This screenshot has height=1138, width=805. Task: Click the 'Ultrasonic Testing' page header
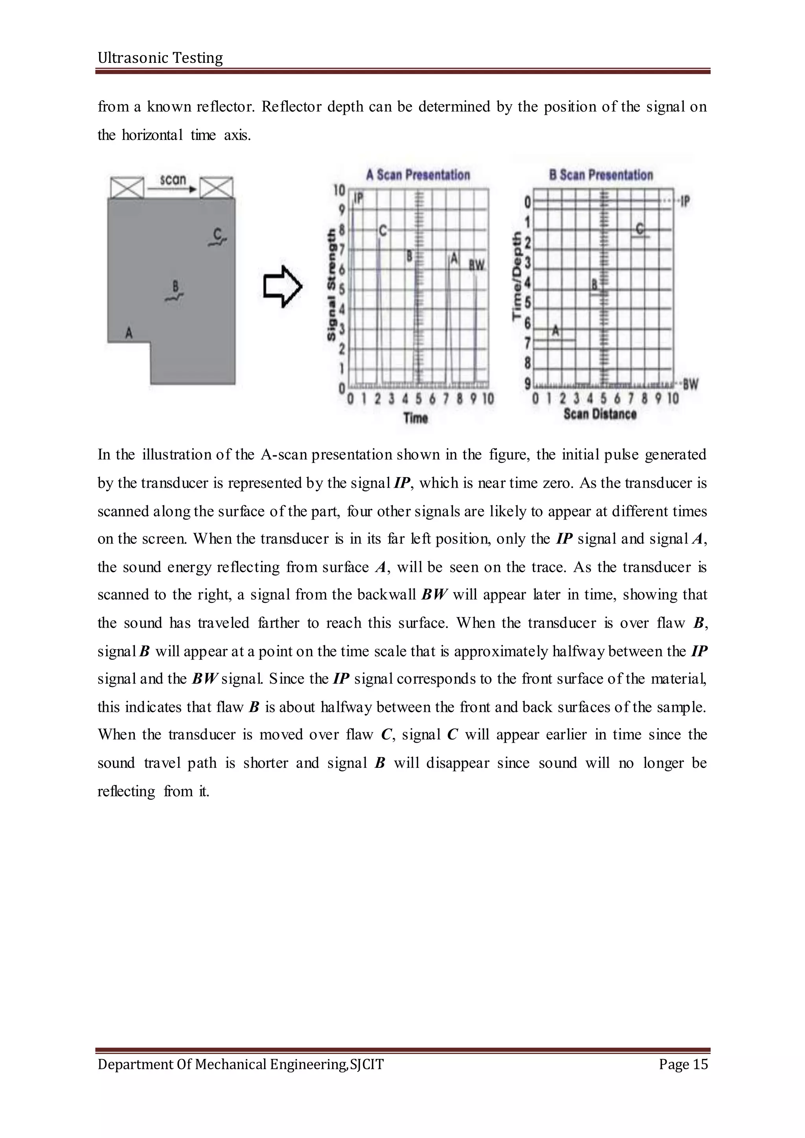click(160, 58)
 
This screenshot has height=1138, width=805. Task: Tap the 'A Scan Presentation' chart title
click(417, 175)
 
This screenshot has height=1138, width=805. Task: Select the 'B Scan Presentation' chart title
click(601, 175)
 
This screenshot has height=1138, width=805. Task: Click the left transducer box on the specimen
click(127, 187)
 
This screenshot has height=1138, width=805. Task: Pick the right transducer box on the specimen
click(216, 187)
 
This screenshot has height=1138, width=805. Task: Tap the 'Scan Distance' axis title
click(600, 414)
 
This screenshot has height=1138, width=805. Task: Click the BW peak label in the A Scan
click(476, 266)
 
